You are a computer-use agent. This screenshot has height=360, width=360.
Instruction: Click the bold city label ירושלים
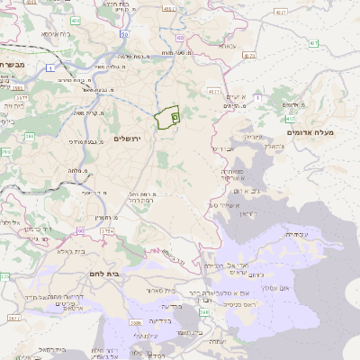tap(129, 138)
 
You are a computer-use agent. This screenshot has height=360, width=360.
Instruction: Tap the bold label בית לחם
tap(104, 273)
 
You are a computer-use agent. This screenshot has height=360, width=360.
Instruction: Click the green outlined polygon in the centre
tap(167, 119)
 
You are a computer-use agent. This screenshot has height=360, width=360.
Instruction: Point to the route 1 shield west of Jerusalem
tap(51, 68)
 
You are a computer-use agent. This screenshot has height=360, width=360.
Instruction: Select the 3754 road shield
tap(108, 230)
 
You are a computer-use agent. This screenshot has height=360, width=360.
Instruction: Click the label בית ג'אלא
tap(69, 252)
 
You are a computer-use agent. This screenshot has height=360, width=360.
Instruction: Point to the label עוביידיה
tap(295, 234)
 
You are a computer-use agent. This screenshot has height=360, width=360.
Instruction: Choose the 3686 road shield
tap(136, 321)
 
